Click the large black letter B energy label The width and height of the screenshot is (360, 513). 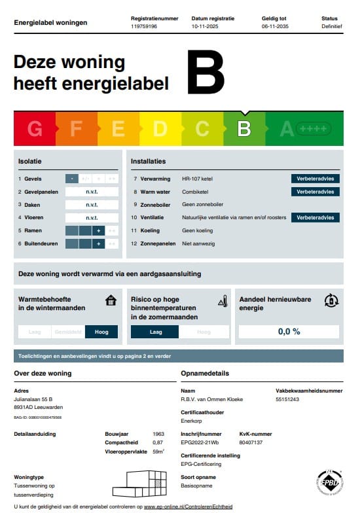[206, 73]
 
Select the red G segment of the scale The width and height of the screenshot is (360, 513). [35, 129]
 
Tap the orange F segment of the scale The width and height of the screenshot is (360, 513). [76, 129]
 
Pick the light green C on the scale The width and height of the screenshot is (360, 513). [202, 129]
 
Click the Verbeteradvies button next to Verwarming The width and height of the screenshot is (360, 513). [315, 179]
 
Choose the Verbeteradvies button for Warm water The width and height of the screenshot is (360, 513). [315, 192]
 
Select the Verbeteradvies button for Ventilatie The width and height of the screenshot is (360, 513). [315, 217]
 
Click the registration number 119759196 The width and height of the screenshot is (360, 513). [145, 27]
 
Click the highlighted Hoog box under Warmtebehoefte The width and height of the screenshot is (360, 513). [101, 332]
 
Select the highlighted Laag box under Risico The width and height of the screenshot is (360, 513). [155, 332]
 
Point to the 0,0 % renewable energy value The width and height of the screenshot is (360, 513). [289, 332]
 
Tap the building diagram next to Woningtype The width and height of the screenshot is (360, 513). [139, 484]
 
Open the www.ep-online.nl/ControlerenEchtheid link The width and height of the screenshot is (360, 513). [188, 506]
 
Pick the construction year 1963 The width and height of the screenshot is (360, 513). [158, 433]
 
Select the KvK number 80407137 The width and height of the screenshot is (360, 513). [251, 442]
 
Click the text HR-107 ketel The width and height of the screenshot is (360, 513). [198, 179]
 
